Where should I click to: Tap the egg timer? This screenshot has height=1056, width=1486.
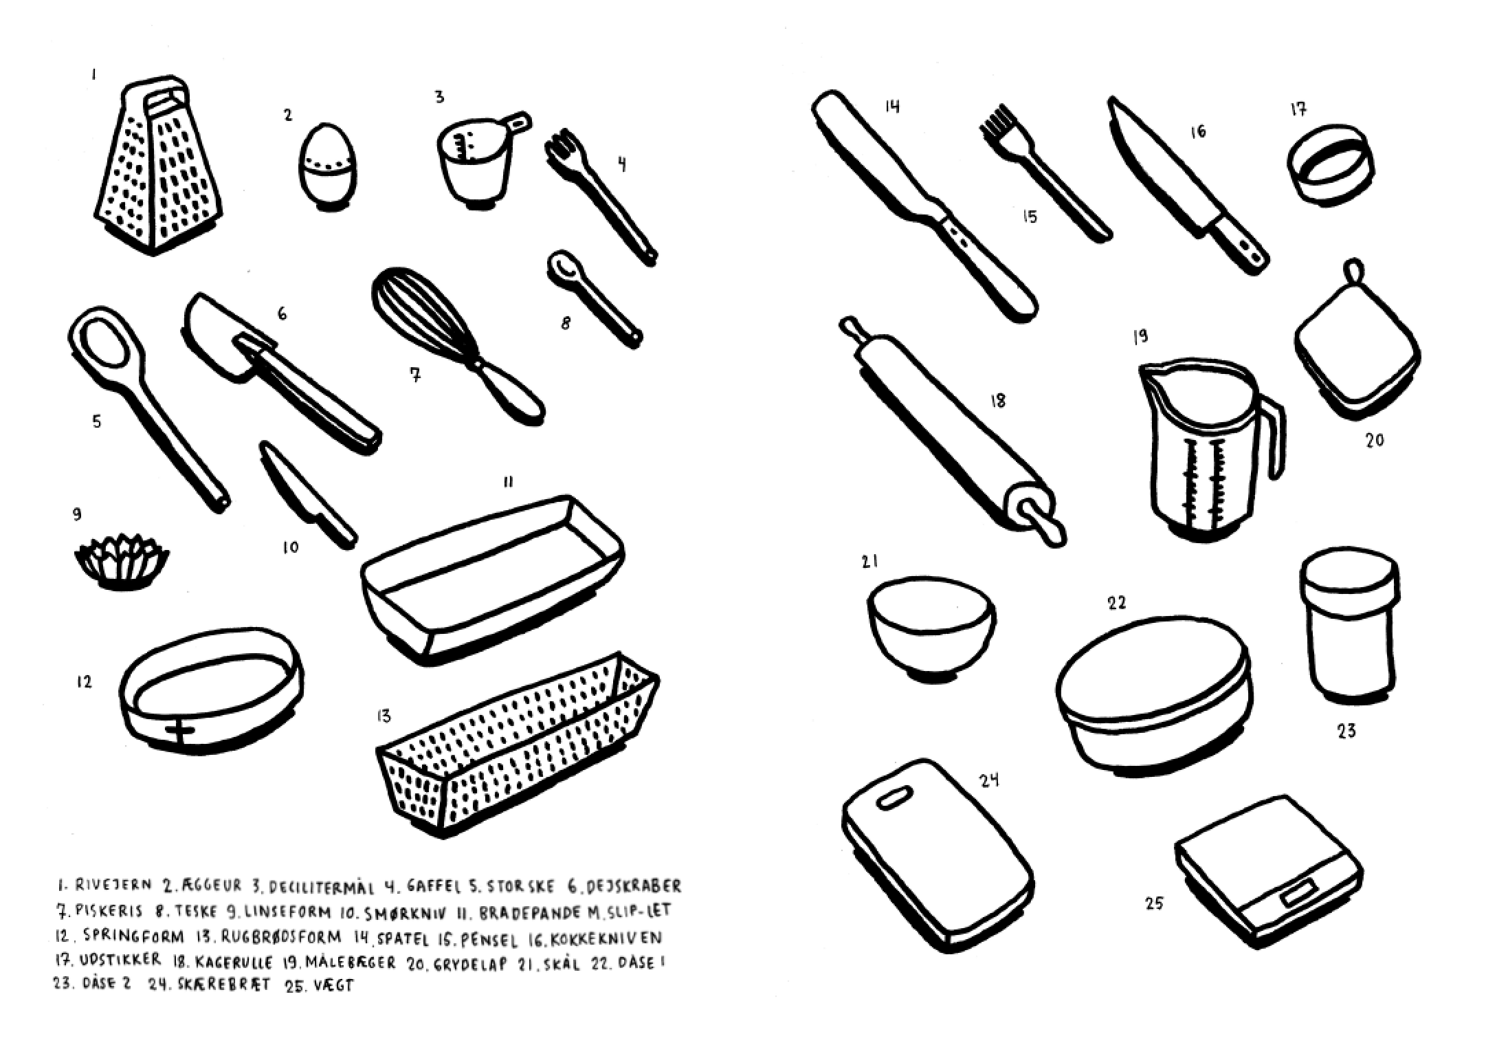tap(328, 165)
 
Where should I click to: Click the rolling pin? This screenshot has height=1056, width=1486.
tap(952, 432)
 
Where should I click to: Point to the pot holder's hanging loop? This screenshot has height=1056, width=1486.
tap(1353, 269)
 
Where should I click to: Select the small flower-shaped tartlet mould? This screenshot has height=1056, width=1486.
tap(122, 562)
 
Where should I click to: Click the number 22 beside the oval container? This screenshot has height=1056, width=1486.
tap(1117, 603)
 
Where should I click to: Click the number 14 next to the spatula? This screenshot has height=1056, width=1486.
tap(892, 106)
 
